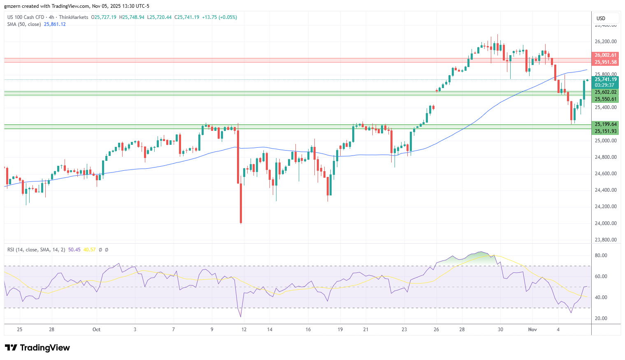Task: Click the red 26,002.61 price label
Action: (606, 55)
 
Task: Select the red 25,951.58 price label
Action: (606, 62)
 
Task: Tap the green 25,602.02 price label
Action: (606, 92)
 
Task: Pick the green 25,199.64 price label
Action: (606, 124)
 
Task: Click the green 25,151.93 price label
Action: (606, 131)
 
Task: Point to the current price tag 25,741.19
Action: (606, 79)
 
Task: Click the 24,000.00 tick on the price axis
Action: (606, 223)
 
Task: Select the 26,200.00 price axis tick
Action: (606, 42)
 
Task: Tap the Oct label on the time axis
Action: (96, 330)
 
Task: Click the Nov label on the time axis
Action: (532, 330)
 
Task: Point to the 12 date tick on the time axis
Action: (244, 330)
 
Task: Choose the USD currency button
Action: (601, 18)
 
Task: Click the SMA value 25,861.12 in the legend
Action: (55, 24)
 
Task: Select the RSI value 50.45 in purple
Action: (74, 250)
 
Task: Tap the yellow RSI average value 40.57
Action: (89, 250)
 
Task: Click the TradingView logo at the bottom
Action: (37, 348)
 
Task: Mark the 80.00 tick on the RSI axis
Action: (601, 255)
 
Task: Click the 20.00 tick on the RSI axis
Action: (601, 318)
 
